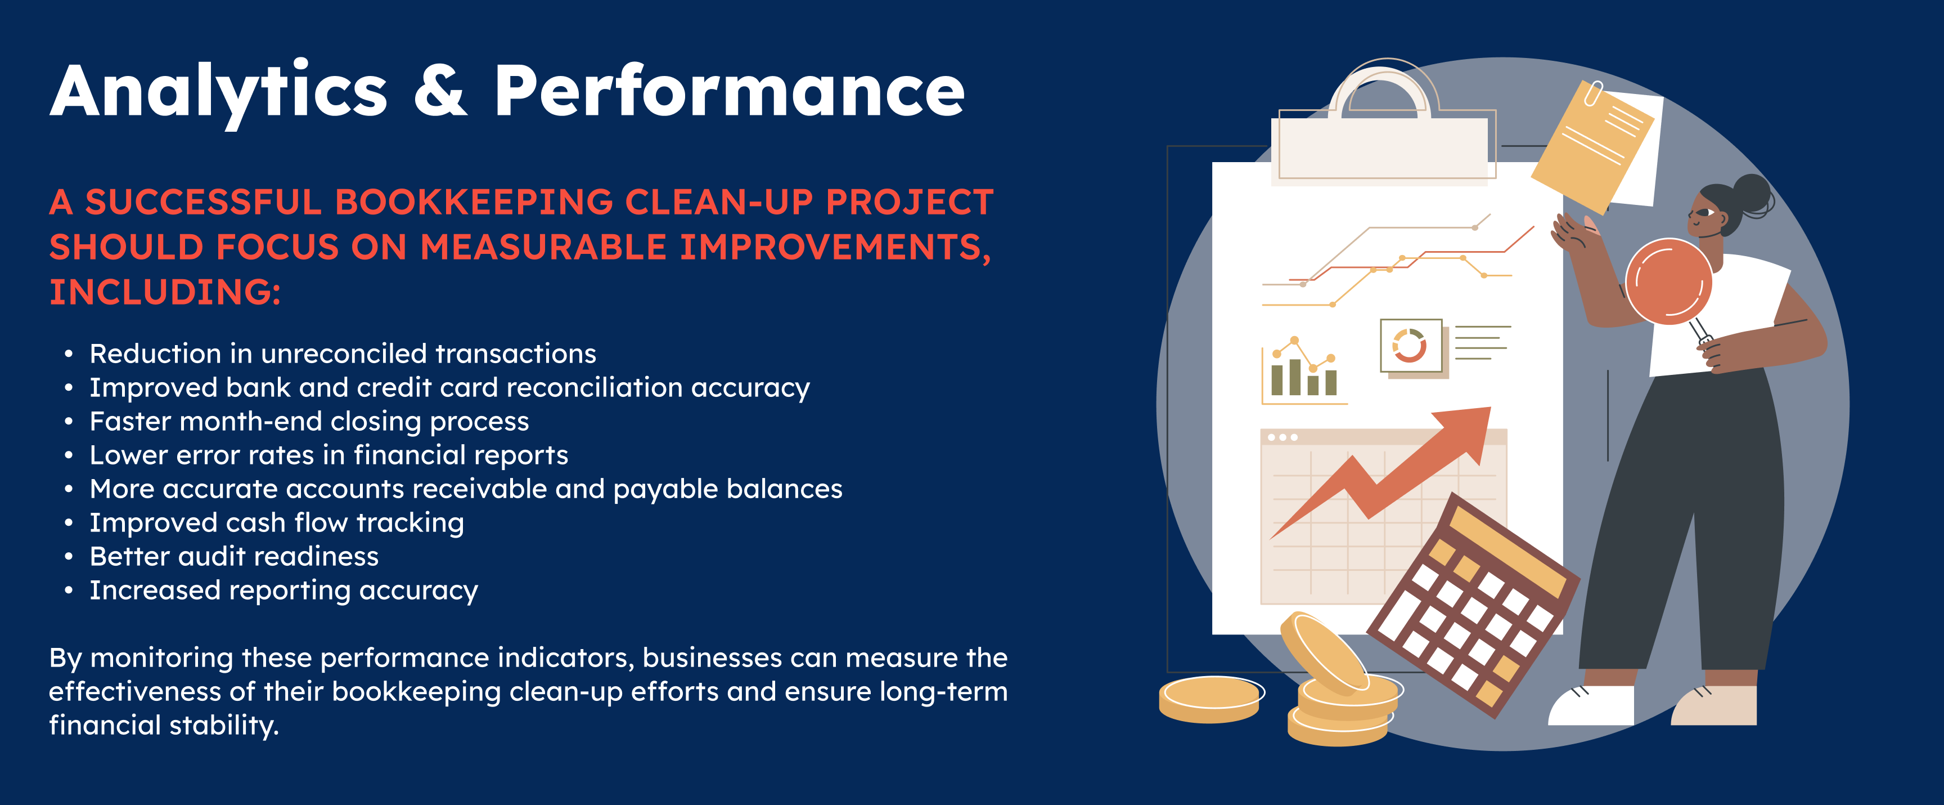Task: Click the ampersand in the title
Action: pos(441,90)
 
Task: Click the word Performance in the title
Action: pos(729,90)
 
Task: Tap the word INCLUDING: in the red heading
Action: pos(164,292)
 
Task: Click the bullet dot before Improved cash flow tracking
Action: pos(69,522)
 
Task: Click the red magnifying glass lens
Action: pos(1668,281)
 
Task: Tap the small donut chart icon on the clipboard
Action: pos(1410,346)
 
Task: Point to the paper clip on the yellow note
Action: pos(1593,93)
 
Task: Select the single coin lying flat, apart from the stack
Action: pos(1210,699)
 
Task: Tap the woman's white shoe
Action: pos(1591,705)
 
